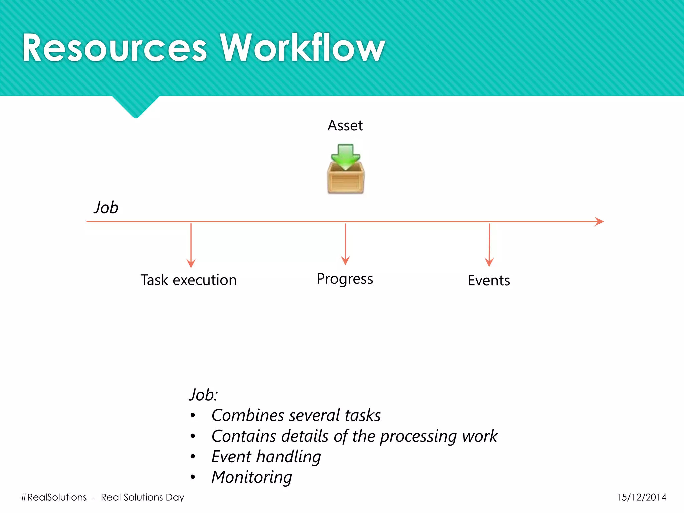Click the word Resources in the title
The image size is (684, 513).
coord(115,48)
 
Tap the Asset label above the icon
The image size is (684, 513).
coord(345,126)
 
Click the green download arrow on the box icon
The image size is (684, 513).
coord(345,156)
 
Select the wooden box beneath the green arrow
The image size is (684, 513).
coord(346,180)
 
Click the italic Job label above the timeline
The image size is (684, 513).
coord(106,208)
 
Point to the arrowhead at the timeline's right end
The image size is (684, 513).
coord(599,221)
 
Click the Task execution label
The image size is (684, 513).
coord(188,280)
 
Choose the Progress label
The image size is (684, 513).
coord(345,279)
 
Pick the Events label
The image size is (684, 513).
coord(489,280)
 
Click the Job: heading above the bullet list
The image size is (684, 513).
coord(203,395)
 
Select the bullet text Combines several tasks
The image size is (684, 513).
coord(296,415)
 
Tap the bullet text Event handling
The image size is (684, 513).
coord(266,457)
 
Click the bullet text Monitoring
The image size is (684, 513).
coord(251,477)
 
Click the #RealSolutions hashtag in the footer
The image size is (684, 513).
coord(54,497)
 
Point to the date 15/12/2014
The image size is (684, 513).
coord(641,497)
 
